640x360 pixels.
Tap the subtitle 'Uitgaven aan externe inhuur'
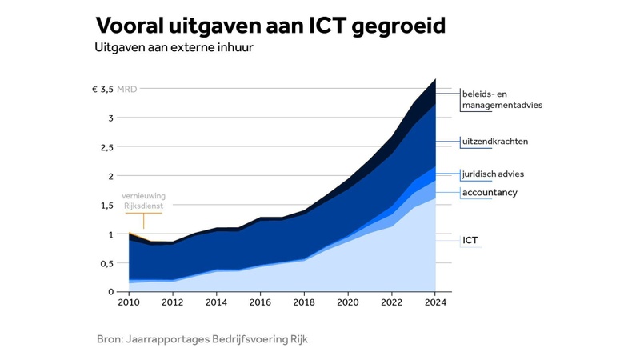pyautogui.click(x=179, y=48)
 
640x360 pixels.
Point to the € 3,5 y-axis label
pyautogui.click(x=102, y=89)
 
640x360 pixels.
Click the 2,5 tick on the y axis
pyautogui.click(x=106, y=147)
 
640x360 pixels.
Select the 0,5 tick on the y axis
pyautogui.click(x=106, y=263)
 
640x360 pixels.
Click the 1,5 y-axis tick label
pyautogui.click(x=106, y=206)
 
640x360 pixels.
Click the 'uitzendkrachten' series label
pyautogui.click(x=495, y=142)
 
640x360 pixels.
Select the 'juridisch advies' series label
pyautogui.click(x=494, y=174)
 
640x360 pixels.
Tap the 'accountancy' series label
pyautogui.click(x=490, y=193)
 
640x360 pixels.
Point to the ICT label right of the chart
pyautogui.click(x=471, y=239)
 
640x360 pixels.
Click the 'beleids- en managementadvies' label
pyautogui.click(x=502, y=100)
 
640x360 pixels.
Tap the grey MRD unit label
pyautogui.click(x=127, y=89)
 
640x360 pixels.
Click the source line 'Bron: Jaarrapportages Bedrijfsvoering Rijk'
pyautogui.click(x=202, y=339)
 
